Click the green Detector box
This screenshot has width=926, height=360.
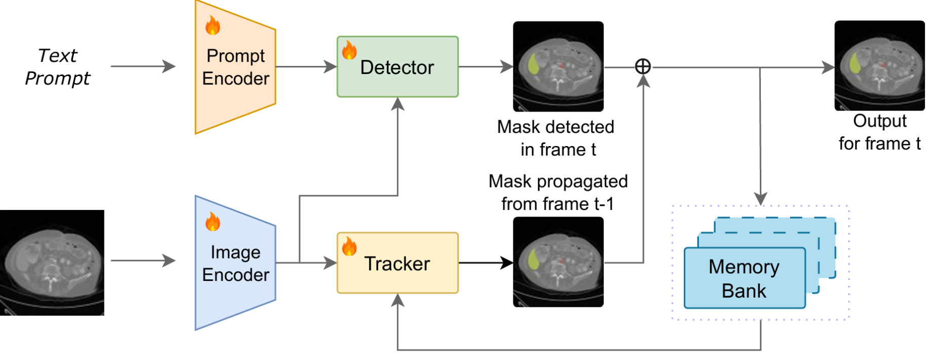[x=397, y=67]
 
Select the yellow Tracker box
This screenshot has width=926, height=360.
[x=397, y=263]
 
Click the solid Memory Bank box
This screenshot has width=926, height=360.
[x=744, y=278]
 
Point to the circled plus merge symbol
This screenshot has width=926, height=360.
[x=643, y=66]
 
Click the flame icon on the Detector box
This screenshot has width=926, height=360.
[x=349, y=51]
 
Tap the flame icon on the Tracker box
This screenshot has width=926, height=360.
[x=349, y=246]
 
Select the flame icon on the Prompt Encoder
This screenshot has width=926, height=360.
[x=212, y=25]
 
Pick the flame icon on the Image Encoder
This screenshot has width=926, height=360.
[x=212, y=222]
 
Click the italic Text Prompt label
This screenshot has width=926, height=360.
[x=57, y=67]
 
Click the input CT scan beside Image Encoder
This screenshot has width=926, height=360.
[x=52, y=263]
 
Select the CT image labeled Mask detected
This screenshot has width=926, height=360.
[x=558, y=66]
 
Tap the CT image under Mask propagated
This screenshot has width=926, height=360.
[x=558, y=262]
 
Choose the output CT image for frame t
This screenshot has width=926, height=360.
[x=879, y=65]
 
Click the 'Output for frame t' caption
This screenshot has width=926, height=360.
[x=879, y=132]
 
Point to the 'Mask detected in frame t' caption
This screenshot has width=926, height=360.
[x=556, y=138]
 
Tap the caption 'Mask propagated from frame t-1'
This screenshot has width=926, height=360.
[x=558, y=193]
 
